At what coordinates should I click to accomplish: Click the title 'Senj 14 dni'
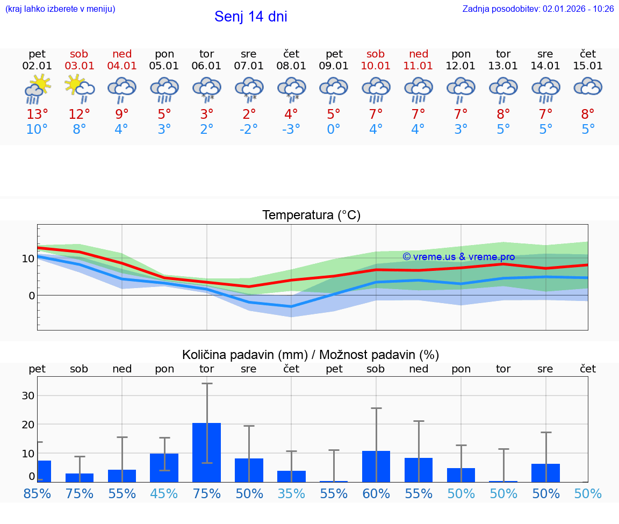point(250,17)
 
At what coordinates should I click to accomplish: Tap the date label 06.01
point(206,66)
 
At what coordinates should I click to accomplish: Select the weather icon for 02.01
point(37,89)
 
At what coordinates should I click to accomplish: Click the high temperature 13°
point(37,114)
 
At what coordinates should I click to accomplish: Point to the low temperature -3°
point(291,130)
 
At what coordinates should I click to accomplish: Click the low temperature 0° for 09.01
point(334,130)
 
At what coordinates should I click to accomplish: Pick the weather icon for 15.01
point(588,88)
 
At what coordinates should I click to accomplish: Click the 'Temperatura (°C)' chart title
point(311,216)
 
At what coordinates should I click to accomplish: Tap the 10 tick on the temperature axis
point(28,259)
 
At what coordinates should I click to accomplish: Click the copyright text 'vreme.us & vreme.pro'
point(459,257)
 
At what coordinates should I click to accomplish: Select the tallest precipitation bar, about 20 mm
point(207,452)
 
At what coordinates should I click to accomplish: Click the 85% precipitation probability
point(37,493)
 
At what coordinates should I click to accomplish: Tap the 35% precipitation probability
point(291,493)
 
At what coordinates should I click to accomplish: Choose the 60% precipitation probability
point(376,493)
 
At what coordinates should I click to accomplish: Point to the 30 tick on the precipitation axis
point(28,396)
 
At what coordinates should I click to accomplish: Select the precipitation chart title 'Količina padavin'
point(311,355)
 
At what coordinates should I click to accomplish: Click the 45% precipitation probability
point(164,493)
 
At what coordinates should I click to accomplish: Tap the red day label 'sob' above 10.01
point(376,54)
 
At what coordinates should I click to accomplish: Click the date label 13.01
point(503,66)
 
